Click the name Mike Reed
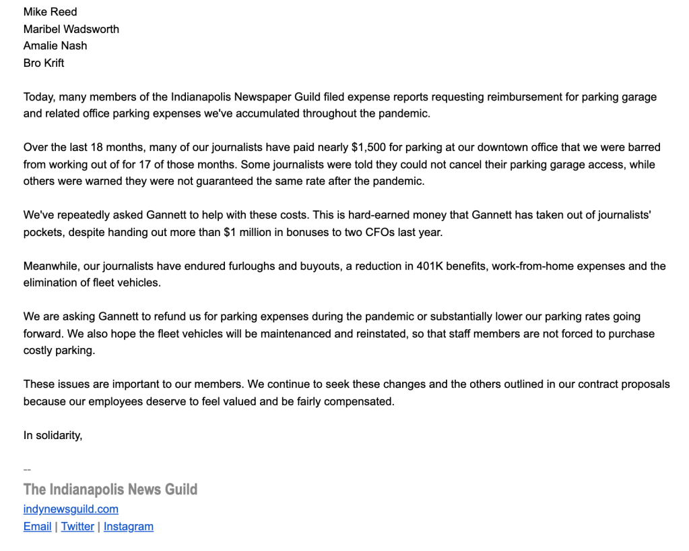click(50, 11)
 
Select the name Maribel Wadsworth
click(71, 29)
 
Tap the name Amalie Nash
click(55, 46)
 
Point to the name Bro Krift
click(44, 63)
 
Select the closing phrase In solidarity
click(53, 435)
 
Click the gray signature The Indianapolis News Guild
click(110, 489)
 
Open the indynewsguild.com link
click(71, 509)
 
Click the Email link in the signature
click(37, 526)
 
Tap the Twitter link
click(77, 526)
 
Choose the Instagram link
click(128, 526)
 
